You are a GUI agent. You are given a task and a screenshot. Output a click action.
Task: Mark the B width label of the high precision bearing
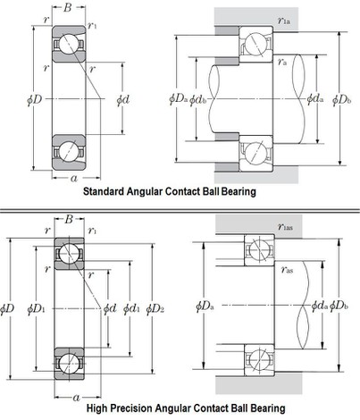tap(70, 218)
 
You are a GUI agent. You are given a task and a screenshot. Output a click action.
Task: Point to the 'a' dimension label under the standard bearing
tap(71, 179)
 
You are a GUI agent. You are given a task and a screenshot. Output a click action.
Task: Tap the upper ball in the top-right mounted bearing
tap(257, 44)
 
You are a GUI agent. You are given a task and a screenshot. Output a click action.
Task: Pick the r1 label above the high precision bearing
tap(93, 231)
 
